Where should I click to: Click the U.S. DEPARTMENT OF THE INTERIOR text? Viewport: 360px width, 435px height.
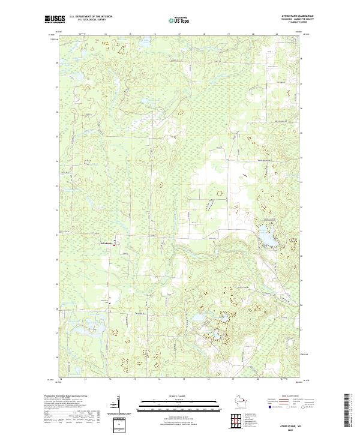pos(92,16)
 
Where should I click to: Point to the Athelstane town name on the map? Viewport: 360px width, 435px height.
pos(106,243)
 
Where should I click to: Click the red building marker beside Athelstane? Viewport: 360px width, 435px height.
pos(116,243)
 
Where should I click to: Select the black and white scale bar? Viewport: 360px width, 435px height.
pos(179,403)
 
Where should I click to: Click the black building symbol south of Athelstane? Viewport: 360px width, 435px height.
pos(110,304)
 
